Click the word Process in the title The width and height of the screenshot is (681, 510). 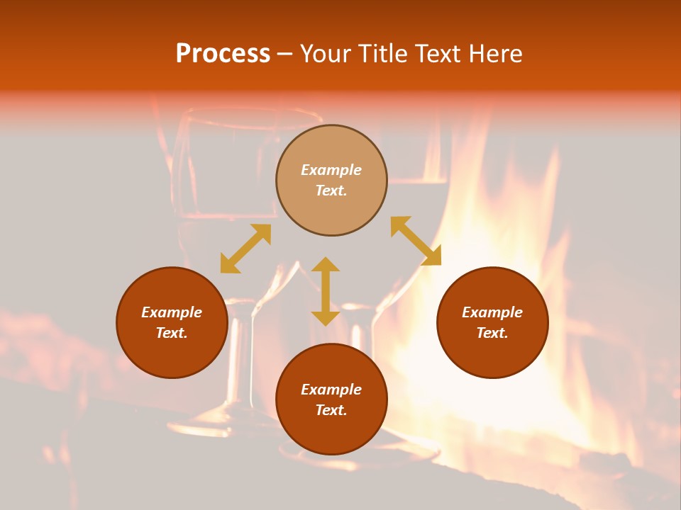coord(223,54)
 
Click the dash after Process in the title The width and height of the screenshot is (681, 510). coord(284,55)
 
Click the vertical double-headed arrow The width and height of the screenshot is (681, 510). coord(326,291)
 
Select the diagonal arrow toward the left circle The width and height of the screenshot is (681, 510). coord(245,249)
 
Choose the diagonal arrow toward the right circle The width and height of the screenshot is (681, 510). coord(416,241)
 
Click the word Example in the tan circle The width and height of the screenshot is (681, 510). coord(331,170)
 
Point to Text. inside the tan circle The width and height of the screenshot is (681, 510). coord(331,191)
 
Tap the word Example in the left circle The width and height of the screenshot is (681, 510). coord(172,312)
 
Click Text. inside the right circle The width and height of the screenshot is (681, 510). coord(492,333)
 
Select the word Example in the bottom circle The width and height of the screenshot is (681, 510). coord(331,390)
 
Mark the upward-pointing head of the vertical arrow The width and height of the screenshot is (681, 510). coord(326,264)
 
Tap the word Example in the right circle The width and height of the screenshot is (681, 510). coord(492,312)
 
